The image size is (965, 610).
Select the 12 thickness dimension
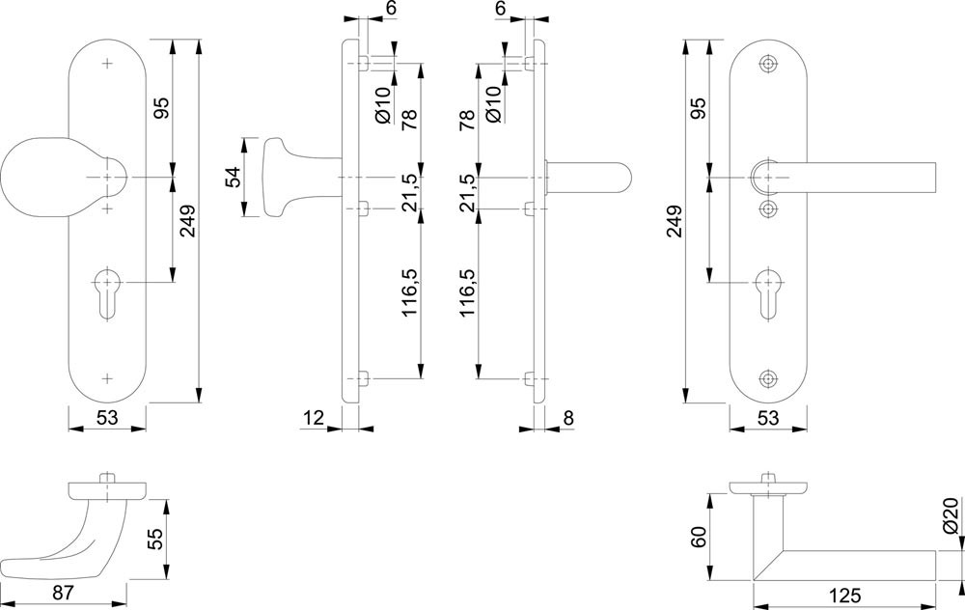(x=311, y=417)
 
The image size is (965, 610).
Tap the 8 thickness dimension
(x=568, y=417)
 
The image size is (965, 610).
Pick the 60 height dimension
(x=698, y=536)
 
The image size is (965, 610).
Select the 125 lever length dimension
(x=844, y=596)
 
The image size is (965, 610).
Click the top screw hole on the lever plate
(x=768, y=64)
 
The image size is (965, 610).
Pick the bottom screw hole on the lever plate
(x=768, y=378)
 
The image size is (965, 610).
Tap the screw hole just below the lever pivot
(x=768, y=208)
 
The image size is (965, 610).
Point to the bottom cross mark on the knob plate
(x=107, y=377)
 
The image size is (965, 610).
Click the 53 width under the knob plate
(x=107, y=417)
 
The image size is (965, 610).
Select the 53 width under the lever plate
(x=768, y=417)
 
